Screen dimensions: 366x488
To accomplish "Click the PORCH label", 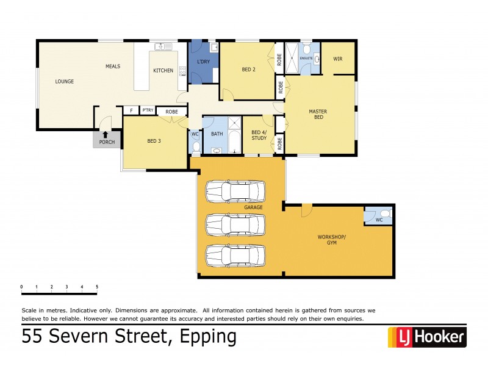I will (x=107, y=142).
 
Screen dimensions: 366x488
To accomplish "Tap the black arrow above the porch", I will (x=106, y=134).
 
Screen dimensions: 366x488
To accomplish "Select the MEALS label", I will (x=113, y=66).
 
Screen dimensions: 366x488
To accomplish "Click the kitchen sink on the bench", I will (x=163, y=46).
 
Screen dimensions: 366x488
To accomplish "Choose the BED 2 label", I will (x=248, y=70).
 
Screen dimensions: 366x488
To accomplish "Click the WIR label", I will (x=338, y=59).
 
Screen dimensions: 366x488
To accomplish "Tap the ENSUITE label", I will (x=306, y=59).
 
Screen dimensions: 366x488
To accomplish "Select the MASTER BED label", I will (x=318, y=115).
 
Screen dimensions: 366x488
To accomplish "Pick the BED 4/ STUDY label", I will (x=259, y=135).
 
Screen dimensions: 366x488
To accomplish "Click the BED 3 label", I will (x=154, y=141).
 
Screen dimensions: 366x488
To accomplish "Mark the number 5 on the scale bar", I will (x=96, y=286).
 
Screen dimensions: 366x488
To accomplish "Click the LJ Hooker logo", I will (x=426, y=336).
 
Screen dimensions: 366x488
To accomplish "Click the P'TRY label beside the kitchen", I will (x=148, y=110).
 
